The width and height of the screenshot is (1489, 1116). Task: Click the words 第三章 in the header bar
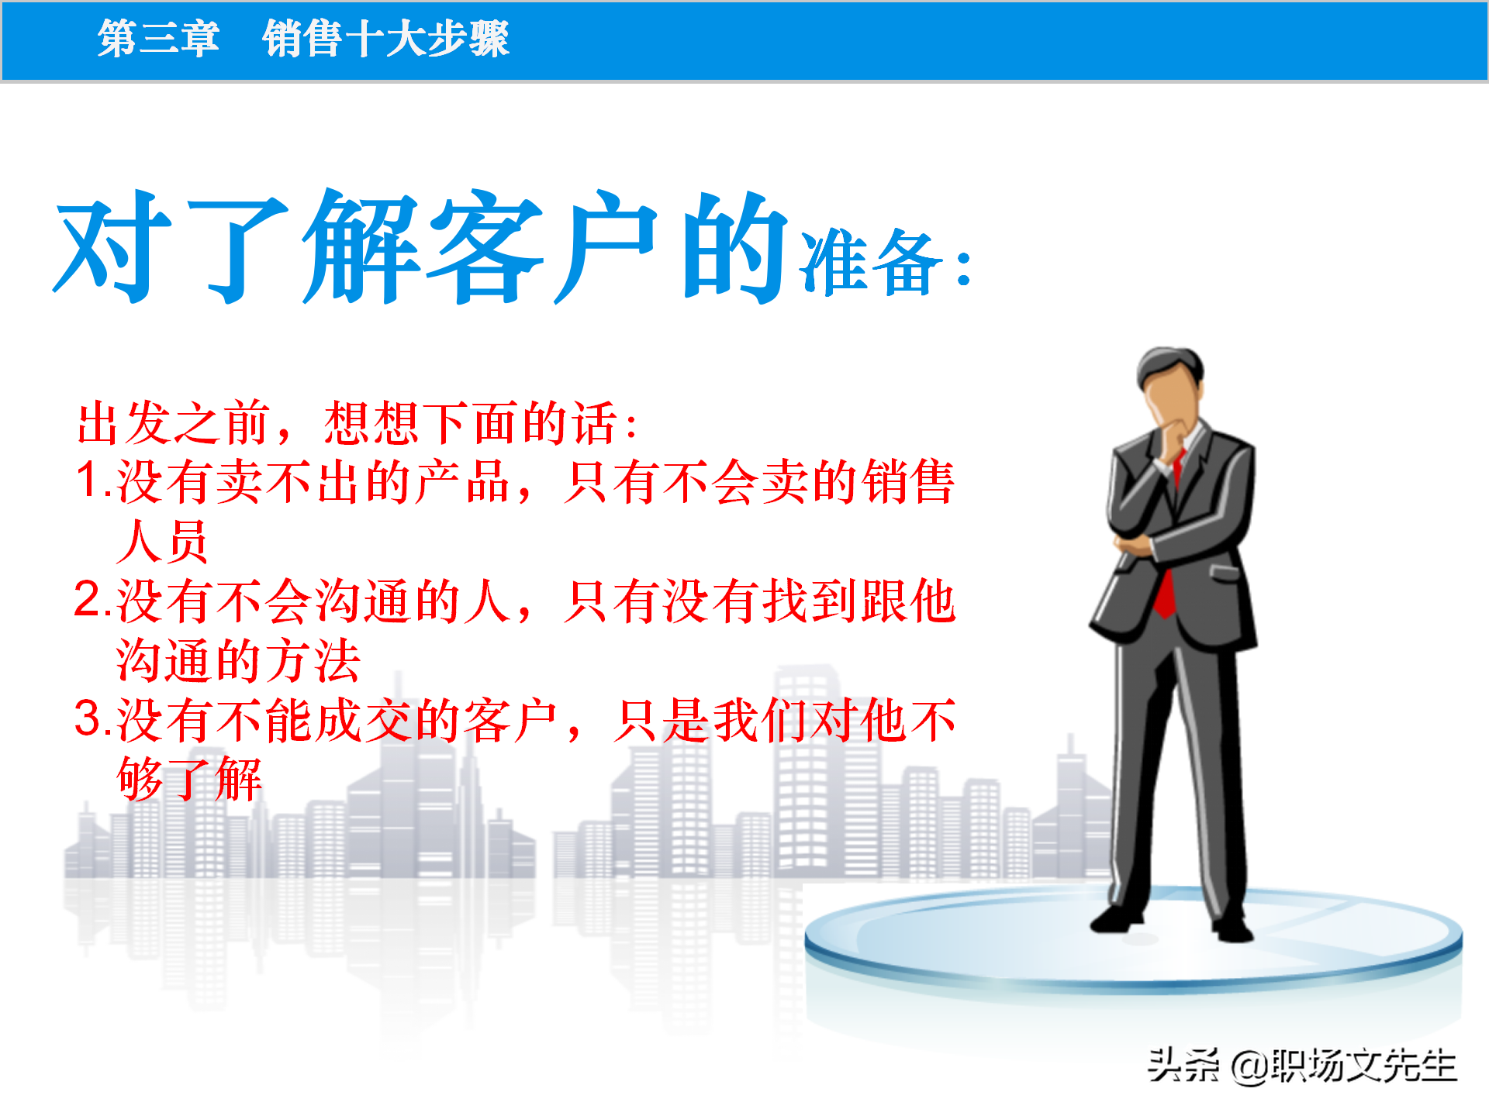(x=158, y=38)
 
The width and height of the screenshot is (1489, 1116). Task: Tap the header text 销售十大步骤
(x=385, y=38)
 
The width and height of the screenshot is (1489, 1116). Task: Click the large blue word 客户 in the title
(x=543, y=246)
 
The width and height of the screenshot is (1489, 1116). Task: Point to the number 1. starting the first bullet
(x=93, y=480)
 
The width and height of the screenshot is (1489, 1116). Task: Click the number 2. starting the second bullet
(x=93, y=600)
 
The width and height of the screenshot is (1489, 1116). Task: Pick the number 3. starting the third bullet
(x=93, y=719)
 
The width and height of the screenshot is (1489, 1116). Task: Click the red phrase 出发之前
(x=174, y=423)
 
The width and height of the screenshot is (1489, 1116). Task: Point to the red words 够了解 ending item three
(x=189, y=778)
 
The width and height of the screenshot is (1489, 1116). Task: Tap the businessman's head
(x=1171, y=384)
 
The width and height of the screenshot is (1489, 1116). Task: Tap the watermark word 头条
(x=1183, y=1066)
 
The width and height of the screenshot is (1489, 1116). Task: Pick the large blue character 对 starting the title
(x=112, y=246)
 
